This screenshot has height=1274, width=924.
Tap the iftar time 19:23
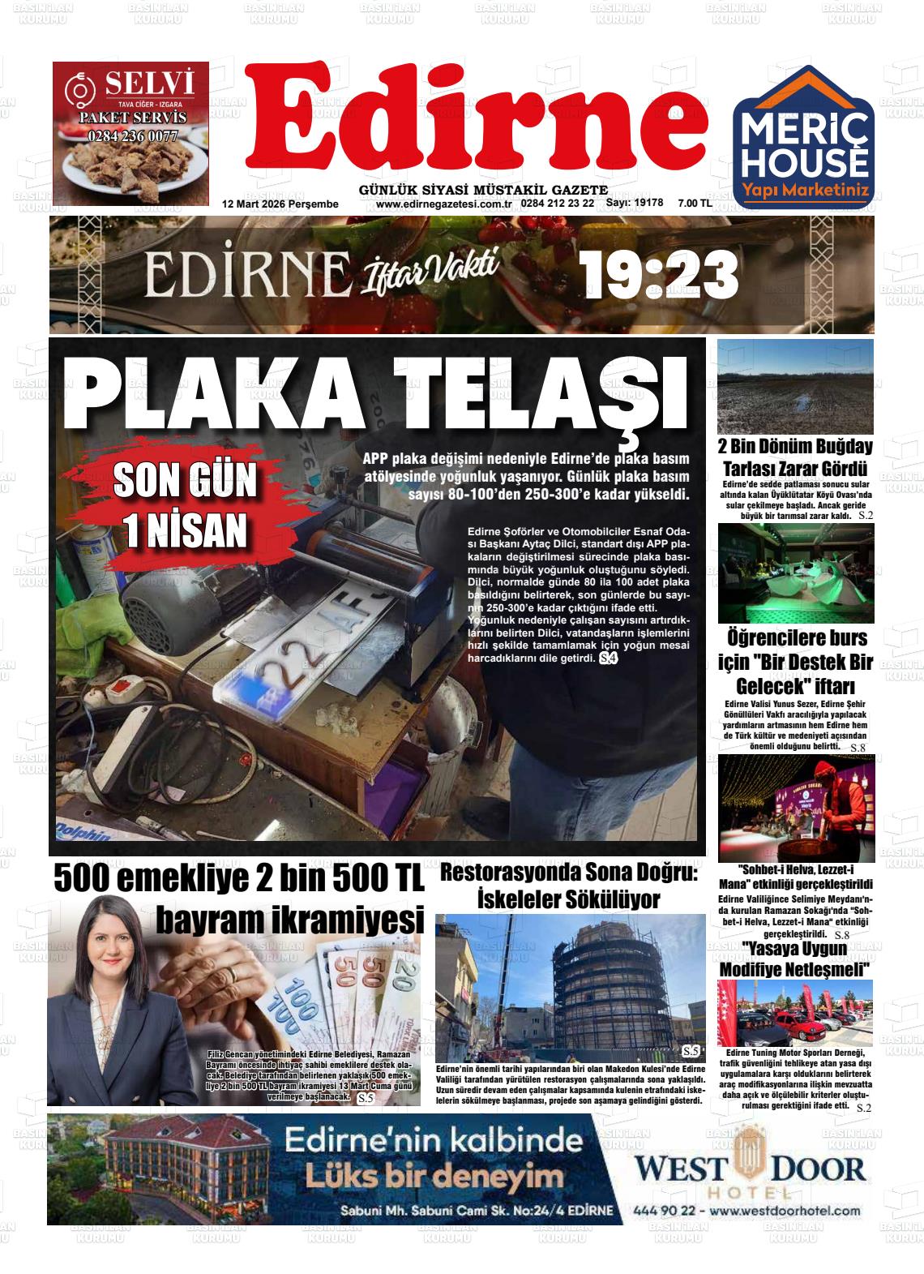659,275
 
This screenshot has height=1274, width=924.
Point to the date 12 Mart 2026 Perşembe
280,204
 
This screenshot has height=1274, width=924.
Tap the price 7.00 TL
695,204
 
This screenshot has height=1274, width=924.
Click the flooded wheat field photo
795,386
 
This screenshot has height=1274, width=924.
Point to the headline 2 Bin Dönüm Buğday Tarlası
795,457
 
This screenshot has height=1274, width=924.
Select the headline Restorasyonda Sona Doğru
568,886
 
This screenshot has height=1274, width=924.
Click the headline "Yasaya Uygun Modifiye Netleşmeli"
795,959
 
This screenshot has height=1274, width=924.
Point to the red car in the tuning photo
811,1030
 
